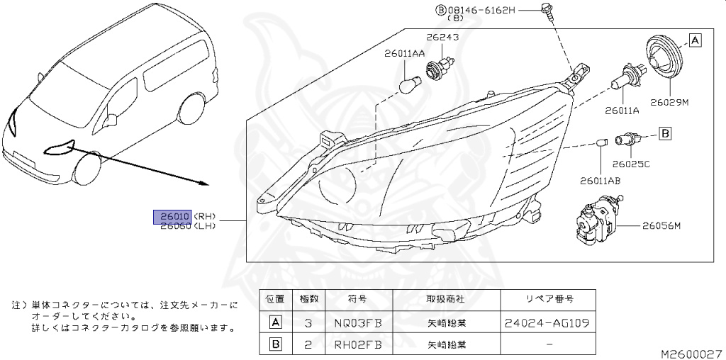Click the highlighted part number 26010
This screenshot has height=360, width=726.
click(x=172, y=215)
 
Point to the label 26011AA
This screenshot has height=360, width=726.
click(x=405, y=52)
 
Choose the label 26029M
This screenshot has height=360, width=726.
click(x=670, y=103)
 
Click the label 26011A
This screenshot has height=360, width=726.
click(x=622, y=111)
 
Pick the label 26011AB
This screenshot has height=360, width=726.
click(x=599, y=181)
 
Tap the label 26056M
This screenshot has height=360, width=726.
click(x=661, y=226)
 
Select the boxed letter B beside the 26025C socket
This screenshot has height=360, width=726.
click(x=665, y=133)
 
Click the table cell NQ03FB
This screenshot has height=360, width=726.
click(x=357, y=323)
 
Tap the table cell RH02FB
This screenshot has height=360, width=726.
click(x=357, y=345)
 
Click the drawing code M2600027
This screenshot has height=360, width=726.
click(x=691, y=352)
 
